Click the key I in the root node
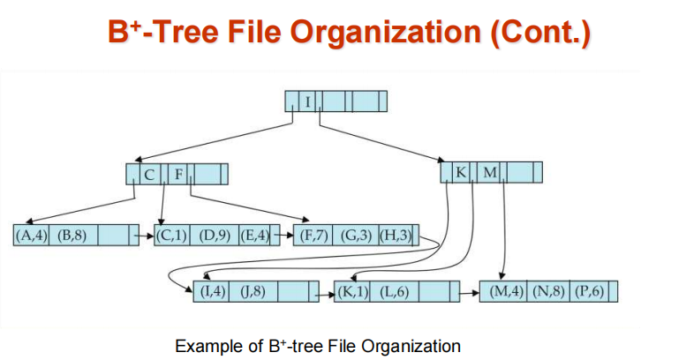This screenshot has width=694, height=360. click(x=308, y=101)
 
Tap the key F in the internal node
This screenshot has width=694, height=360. click(x=178, y=174)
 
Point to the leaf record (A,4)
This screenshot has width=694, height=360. click(x=32, y=236)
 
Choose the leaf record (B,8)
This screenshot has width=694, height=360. click(x=72, y=236)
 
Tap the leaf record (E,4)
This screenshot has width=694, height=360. click(x=253, y=236)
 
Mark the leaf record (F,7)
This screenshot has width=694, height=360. click(x=315, y=236)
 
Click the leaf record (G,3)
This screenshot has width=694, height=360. click(x=356, y=236)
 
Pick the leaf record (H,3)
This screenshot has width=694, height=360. click(x=395, y=236)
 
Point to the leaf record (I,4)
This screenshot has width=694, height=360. click(x=213, y=291)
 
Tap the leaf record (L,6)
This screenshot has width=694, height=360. click(x=394, y=291)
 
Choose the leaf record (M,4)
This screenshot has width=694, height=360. click(x=507, y=291)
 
